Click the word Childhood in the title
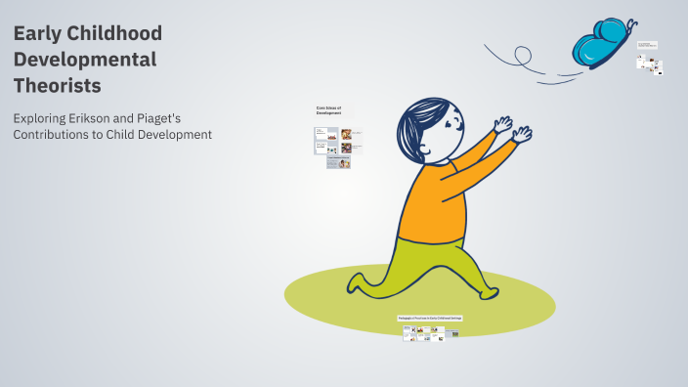pyautogui.click(x=121, y=34)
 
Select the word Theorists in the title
pyautogui.click(x=58, y=85)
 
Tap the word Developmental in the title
pyautogui.click(x=84, y=60)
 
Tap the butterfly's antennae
pyautogui.click(x=630, y=23)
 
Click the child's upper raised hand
pyautogui.click(x=504, y=124)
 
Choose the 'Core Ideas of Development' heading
pyautogui.click(x=328, y=110)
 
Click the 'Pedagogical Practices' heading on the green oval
pyautogui.click(x=430, y=319)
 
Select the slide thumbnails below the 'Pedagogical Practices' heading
pyautogui.click(x=430, y=332)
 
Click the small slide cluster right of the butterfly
pyautogui.click(x=649, y=59)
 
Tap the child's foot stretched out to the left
pyautogui.click(x=359, y=284)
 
